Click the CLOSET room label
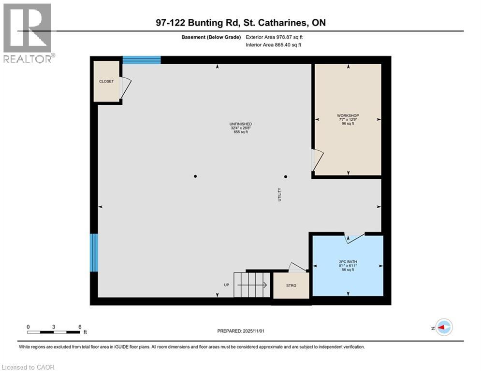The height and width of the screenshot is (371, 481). (106, 81)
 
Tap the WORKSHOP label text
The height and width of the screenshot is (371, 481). (348, 115)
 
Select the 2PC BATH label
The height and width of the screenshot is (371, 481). (348, 262)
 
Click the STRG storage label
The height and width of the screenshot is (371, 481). (291, 285)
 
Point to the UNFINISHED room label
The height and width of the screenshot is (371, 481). (240, 124)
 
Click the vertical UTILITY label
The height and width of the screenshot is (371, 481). (279, 195)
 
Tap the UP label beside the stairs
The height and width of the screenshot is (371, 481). (226, 285)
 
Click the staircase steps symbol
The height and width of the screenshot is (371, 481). (251, 285)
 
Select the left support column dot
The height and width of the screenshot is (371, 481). (195, 176)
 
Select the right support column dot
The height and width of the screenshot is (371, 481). (286, 176)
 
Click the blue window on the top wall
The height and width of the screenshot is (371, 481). (141, 60)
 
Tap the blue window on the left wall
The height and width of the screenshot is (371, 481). (94, 253)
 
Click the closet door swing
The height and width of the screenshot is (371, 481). (125, 89)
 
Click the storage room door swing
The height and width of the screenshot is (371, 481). (296, 267)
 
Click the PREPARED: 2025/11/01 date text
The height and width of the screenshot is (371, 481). (240, 331)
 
